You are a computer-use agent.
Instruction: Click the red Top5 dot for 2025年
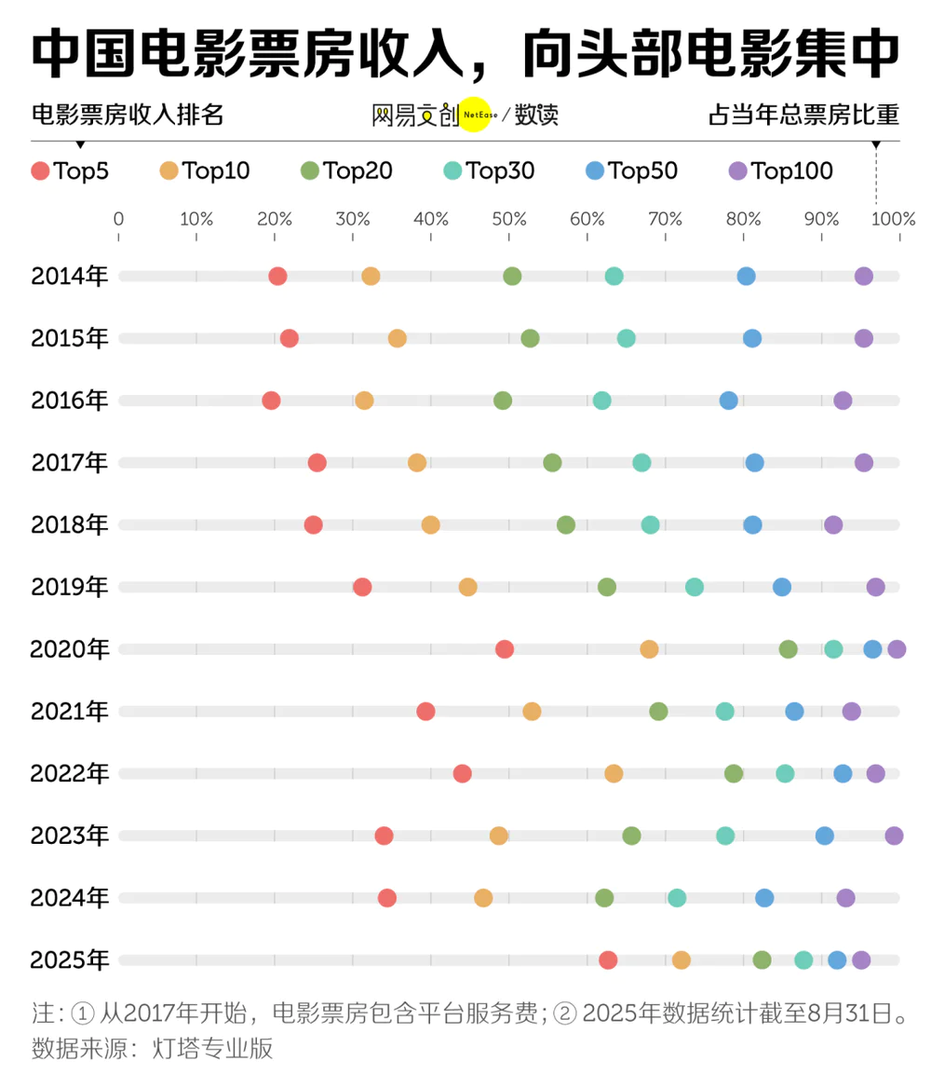point(608,960)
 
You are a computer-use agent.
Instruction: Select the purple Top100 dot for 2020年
point(897,649)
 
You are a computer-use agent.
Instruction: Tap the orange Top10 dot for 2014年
point(371,276)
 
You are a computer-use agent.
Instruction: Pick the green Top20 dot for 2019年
point(607,587)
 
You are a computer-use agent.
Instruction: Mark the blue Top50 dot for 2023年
point(825,836)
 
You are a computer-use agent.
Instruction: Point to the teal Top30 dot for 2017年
point(641,463)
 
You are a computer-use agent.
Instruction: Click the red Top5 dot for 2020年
point(505,649)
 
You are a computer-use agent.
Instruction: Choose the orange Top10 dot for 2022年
point(614,773)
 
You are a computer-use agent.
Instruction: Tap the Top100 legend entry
point(780,170)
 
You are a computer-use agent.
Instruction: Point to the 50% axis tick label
point(508,220)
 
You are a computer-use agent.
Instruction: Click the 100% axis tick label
point(897,220)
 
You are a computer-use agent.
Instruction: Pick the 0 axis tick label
point(118,220)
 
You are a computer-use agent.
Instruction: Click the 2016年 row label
point(70,401)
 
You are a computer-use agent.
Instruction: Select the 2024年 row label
point(70,898)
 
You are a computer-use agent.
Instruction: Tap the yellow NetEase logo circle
point(475,115)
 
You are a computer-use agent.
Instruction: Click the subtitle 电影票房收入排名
point(128,116)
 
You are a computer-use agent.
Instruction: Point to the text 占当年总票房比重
point(803,116)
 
